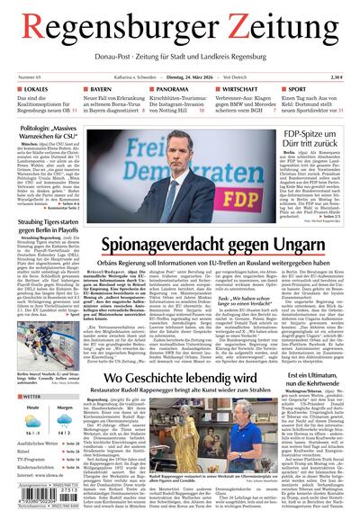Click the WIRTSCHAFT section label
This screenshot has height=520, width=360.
pos(244,91)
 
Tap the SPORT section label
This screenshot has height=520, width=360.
pos(297,91)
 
